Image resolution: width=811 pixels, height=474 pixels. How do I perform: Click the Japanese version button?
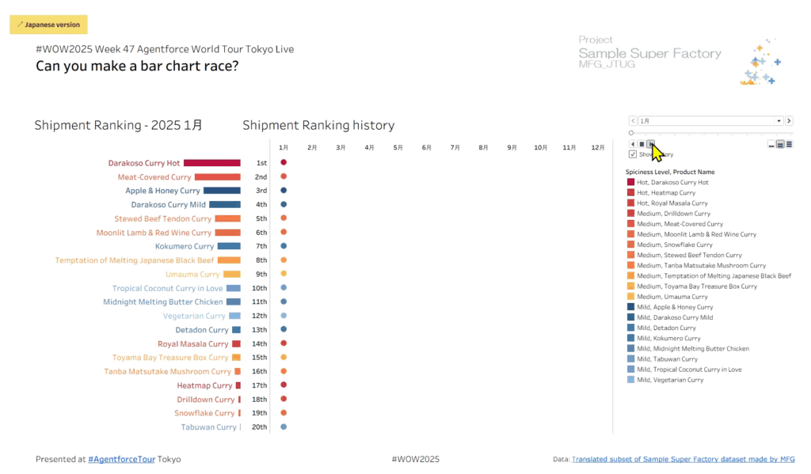pyautogui.click(x=48, y=25)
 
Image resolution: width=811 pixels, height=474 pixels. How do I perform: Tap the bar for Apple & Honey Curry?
pyautogui.click(x=222, y=191)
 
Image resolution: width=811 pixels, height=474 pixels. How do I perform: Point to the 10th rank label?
pyautogui.click(x=260, y=288)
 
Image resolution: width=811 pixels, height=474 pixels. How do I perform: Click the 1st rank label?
pyautogui.click(x=261, y=163)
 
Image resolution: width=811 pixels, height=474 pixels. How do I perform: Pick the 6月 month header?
pyautogui.click(x=427, y=147)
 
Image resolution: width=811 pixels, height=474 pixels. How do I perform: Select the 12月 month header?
pyautogui.click(x=598, y=147)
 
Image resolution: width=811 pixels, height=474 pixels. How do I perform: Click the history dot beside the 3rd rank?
pyautogui.click(x=284, y=191)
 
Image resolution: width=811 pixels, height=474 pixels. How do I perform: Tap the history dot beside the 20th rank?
pyautogui.click(x=284, y=427)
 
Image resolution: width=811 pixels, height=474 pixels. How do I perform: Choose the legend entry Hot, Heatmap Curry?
pyautogui.click(x=666, y=192)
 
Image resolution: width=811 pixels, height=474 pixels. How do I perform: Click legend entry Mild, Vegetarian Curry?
pyautogui.click(x=670, y=380)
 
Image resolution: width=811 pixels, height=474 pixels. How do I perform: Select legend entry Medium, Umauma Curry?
pyautogui.click(x=670, y=297)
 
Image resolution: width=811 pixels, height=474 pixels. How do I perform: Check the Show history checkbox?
pyautogui.click(x=632, y=154)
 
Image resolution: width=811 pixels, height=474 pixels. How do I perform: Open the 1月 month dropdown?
pyautogui.click(x=779, y=121)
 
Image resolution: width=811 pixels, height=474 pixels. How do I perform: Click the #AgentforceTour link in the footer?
pyautogui.click(x=121, y=459)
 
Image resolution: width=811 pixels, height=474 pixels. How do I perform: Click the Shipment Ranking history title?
pyautogui.click(x=318, y=125)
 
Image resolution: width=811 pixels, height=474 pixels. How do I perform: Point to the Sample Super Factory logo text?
pyautogui.click(x=649, y=54)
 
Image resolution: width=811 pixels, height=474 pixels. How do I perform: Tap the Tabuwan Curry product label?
pyautogui.click(x=208, y=427)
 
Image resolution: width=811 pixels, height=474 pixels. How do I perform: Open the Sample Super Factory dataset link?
pyautogui.click(x=683, y=459)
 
